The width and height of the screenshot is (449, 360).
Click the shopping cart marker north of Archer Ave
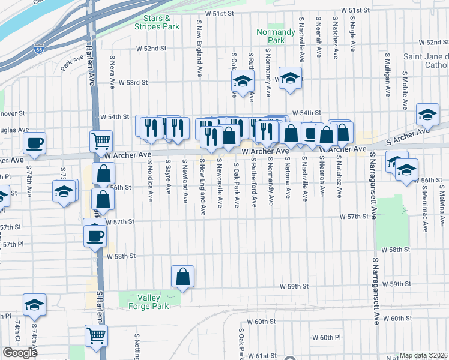(x=101, y=141)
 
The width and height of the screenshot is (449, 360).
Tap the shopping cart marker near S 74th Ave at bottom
(x=96, y=336)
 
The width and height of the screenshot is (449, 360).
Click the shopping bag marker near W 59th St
(x=183, y=277)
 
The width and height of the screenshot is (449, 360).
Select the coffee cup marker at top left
(x=34, y=143)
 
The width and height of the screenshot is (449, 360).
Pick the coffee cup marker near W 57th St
(x=94, y=235)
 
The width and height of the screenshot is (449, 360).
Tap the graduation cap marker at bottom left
(x=34, y=305)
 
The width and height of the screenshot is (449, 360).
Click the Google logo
(x=20, y=353)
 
